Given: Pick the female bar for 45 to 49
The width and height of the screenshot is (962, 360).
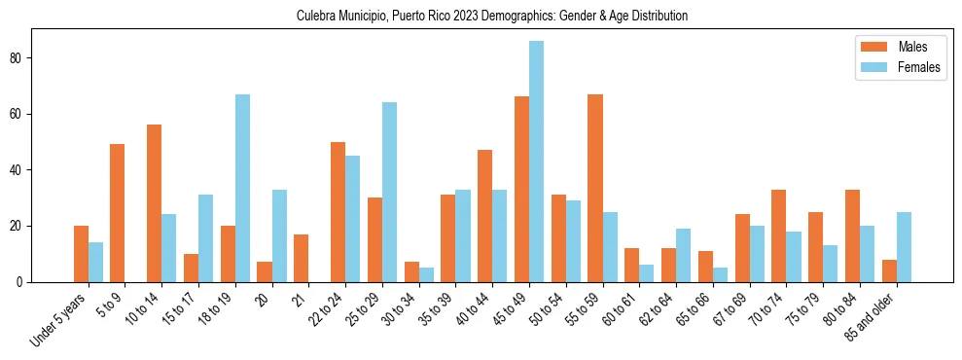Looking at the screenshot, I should (x=536, y=162).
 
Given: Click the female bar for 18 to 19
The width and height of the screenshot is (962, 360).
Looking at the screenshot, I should (x=242, y=188).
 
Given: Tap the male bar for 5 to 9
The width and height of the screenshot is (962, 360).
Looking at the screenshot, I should (x=118, y=213).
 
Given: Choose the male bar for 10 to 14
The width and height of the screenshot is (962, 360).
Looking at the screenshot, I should (x=154, y=203).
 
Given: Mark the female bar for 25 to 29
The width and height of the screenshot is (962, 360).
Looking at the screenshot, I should (x=389, y=192).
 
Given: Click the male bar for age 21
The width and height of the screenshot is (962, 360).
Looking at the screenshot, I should (x=301, y=258).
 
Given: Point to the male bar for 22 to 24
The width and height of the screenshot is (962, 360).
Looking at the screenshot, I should (x=338, y=212).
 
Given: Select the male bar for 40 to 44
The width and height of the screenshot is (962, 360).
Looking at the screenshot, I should (x=484, y=216).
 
